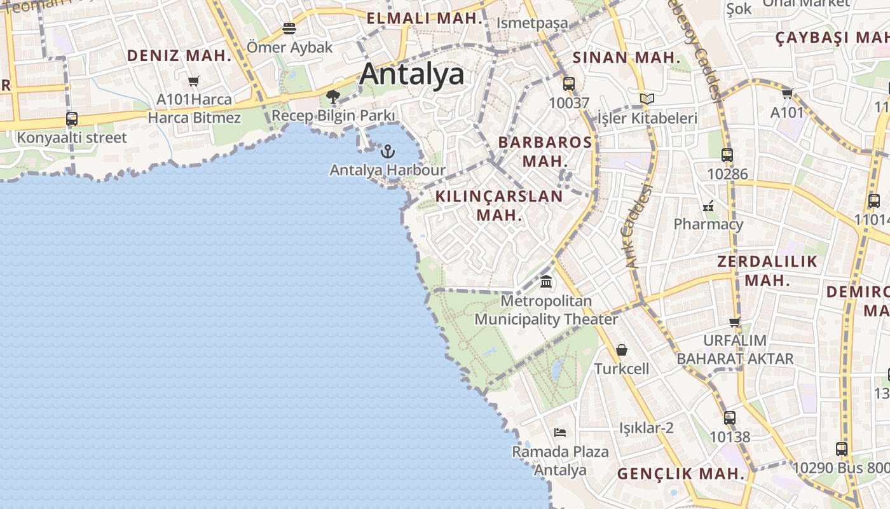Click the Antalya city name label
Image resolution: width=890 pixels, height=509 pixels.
click(412, 74)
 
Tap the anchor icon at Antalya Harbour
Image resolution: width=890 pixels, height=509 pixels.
click(387, 151)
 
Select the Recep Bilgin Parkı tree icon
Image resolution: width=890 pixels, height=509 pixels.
click(332, 97)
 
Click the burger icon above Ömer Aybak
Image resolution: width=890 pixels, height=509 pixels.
click(289, 29)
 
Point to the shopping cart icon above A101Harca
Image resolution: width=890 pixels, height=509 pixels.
click(194, 81)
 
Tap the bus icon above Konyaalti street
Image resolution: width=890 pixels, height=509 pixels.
click(72, 119)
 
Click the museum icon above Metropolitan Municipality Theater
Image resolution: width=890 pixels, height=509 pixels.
click(546, 281)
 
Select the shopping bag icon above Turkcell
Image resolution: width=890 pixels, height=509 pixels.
click(622, 350)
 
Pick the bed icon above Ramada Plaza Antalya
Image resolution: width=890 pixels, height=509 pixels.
click(560, 433)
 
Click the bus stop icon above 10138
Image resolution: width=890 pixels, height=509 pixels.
click(730, 418)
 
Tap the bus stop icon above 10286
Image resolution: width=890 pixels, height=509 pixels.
click(727, 155)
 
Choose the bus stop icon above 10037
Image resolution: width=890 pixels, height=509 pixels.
click(569, 83)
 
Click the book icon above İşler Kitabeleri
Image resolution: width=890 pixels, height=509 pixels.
click(647, 99)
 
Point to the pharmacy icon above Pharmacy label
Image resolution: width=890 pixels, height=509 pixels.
click(708, 206)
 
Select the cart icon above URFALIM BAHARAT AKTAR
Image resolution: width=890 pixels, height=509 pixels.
click(735, 322)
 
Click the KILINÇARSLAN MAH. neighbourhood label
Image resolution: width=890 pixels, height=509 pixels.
click(499, 206)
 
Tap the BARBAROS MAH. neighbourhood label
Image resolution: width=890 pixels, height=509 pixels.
click(545, 151)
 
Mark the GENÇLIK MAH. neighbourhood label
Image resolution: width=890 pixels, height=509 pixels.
click(680, 474)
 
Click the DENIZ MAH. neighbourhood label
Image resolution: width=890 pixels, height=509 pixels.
click(179, 56)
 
